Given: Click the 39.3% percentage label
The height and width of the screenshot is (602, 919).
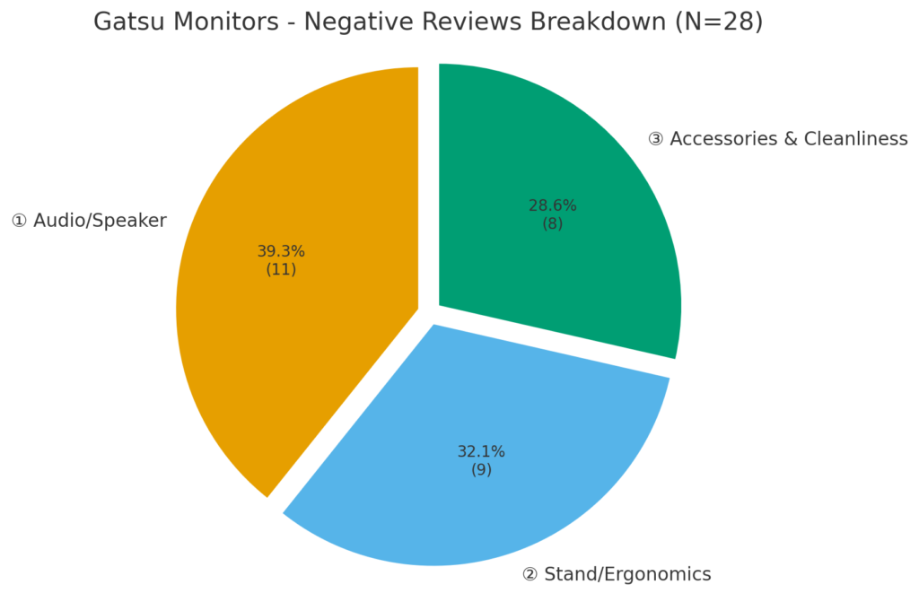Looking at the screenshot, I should tap(281, 251).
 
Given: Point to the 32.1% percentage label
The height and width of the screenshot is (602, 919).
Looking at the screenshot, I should tap(481, 451).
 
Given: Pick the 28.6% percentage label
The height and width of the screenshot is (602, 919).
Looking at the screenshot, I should tap(552, 205).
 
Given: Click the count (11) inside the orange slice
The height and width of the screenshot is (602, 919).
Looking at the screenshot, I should tap(281, 269).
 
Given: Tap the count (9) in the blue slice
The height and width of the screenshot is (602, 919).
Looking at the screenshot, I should tap(481, 469).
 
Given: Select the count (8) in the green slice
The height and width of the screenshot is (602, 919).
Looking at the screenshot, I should tap(552, 223).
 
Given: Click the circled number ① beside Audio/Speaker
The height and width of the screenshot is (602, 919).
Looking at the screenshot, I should tap(19, 221).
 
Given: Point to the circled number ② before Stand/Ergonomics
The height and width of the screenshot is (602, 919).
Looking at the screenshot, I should tap(530, 574).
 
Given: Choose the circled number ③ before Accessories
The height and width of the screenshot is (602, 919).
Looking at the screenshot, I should tap(656, 139).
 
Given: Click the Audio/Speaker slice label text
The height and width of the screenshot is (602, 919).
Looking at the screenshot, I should tap(100, 221).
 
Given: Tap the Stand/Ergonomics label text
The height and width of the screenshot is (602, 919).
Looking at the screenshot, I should tap(628, 574).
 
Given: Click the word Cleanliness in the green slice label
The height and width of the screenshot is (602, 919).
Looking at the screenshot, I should tap(855, 139).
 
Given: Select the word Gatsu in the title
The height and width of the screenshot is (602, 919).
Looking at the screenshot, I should tap(125, 22).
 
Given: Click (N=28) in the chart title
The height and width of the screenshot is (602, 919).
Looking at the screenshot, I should tap(721, 22).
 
